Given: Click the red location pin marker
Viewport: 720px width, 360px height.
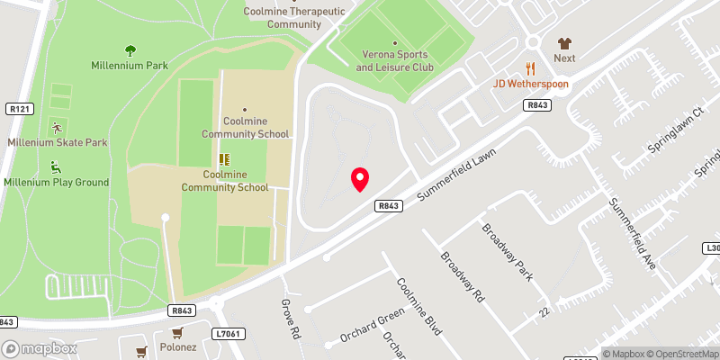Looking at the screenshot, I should pyautogui.click(x=360, y=178).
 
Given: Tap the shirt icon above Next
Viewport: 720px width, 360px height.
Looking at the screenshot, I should pyautogui.click(x=564, y=42).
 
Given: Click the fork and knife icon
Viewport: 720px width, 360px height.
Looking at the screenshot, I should pyautogui.click(x=530, y=67).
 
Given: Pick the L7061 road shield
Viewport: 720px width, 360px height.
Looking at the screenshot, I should pyautogui.click(x=228, y=334).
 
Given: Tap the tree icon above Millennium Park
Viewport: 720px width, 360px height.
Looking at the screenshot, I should pyautogui.click(x=130, y=50).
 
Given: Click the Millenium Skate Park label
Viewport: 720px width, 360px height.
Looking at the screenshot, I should pyautogui.click(x=58, y=143).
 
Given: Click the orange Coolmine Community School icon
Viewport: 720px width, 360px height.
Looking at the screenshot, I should pyautogui.click(x=223, y=158).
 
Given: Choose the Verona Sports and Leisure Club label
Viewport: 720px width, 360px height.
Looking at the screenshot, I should pyautogui.click(x=394, y=61).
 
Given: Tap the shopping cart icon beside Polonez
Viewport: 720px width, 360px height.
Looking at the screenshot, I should pyautogui.click(x=141, y=352).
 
